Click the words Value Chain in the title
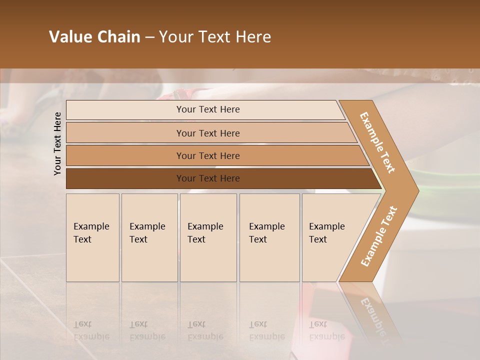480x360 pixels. [94, 37]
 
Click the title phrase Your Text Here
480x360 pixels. [215, 37]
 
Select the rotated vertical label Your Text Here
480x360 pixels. [58, 143]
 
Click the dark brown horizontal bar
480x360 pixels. [125, 178]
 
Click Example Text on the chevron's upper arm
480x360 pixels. [378, 142]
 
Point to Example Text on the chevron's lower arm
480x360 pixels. [379, 236]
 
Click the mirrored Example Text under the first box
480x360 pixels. [91, 330]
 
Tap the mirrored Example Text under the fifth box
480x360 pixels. [326, 330]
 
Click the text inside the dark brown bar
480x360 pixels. [208, 178]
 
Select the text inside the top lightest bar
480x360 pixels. [208, 109]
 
